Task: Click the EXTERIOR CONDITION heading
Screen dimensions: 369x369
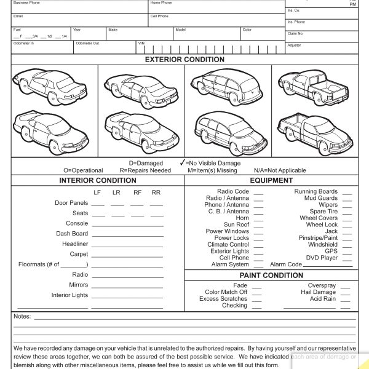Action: click(x=184, y=60)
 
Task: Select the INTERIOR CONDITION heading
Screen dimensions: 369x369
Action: click(x=98, y=181)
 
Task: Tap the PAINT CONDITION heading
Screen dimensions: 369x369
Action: click(x=271, y=276)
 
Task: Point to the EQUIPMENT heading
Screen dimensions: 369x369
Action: click(x=271, y=181)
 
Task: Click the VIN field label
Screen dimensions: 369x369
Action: click(x=141, y=44)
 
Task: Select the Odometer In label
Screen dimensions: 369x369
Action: click(x=23, y=44)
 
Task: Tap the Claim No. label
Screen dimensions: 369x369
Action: click(x=295, y=34)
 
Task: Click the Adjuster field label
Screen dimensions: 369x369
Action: click(x=294, y=46)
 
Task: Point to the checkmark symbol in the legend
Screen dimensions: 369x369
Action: click(x=181, y=163)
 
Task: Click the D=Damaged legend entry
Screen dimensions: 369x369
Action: click(x=146, y=164)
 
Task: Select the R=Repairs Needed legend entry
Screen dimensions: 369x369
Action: click(x=145, y=170)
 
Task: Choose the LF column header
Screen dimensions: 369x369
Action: click(x=97, y=192)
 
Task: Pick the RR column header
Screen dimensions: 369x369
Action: click(x=156, y=192)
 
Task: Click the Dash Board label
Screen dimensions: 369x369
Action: click(x=72, y=234)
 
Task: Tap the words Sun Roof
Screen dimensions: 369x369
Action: click(x=236, y=225)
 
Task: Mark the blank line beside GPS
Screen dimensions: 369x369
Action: click(x=347, y=252)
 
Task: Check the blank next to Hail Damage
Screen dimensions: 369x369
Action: click(x=346, y=293)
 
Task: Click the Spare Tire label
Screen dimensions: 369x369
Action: click(x=323, y=212)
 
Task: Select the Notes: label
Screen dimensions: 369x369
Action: click(x=22, y=317)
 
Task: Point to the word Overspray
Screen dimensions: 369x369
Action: click(x=322, y=286)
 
